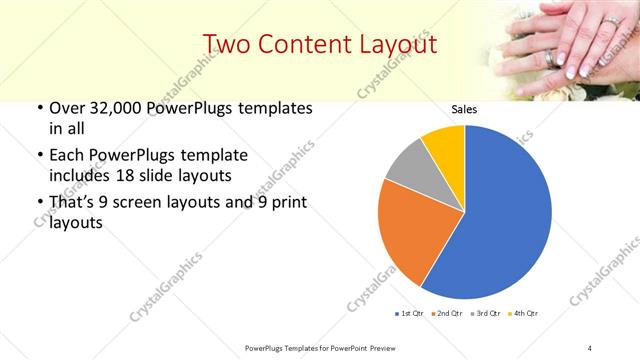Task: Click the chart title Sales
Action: click(x=464, y=109)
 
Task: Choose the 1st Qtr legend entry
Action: click(x=409, y=314)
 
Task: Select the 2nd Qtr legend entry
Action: click(x=448, y=314)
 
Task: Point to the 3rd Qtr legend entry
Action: click(x=487, y=314)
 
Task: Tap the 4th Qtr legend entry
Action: click(x=526, y=314)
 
